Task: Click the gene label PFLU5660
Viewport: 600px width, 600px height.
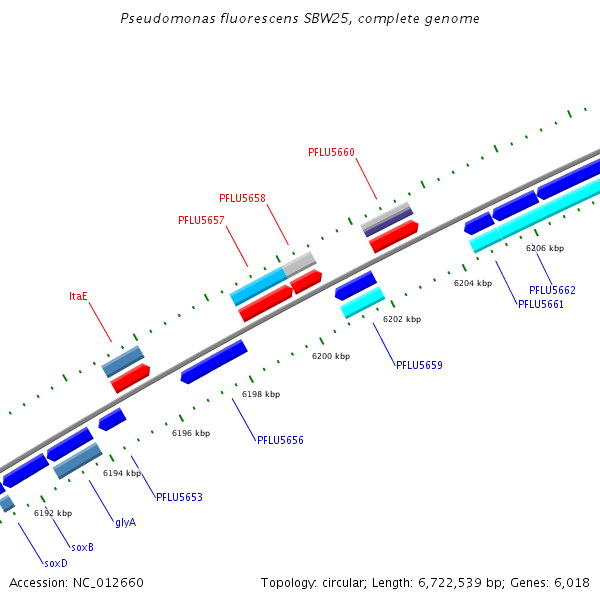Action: click(x=331, y=152)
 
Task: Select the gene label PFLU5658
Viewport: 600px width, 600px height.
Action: click(x=242, y=198)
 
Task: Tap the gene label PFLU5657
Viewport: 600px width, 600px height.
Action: click(x=201, y=220)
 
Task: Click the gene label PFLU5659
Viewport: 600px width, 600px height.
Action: click(x=419, y=365)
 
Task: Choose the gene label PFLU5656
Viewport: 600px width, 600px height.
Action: click(x=280, y=440)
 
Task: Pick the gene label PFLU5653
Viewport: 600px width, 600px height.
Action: click(x=179, y=497)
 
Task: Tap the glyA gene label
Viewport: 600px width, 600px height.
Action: click(x=125, y=522)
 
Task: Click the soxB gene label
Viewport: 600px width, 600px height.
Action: click(x=82, y=547)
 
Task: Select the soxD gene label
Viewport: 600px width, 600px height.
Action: click(x=56, y=563)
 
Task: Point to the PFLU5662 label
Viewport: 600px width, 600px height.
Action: click(x=552, y=290)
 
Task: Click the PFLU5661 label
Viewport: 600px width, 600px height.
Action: click(x=541, y=304)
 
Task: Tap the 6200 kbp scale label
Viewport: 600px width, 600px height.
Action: click(x=331, y=356)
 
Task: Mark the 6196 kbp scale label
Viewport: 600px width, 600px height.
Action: click(x=191, y=433)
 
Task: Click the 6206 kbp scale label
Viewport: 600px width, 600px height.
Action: click(x=545, y=248)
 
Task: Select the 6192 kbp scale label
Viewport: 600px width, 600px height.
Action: click(x=53, y=513)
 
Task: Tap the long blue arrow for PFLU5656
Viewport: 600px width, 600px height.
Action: click(x=214, y=362)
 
